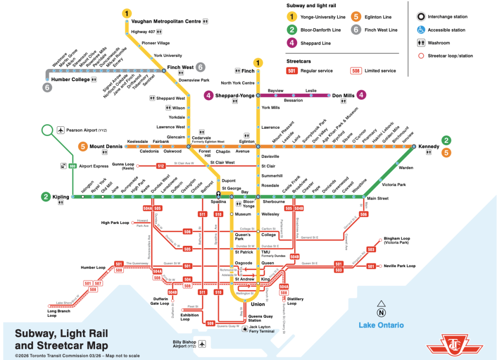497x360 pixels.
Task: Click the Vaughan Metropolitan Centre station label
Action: pyautogui.click(x=166, y=21)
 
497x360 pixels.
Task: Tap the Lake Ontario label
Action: pyautogui.click(x=381, y=325)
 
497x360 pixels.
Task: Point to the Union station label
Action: pyautogui.click(x=258, y=304)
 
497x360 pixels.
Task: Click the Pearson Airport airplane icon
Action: pyautogui.click(x=61, y=130)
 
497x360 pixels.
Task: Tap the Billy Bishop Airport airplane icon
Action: pyautogui.click(x=202, y=344)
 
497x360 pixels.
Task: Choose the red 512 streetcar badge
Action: pyautogui.click(x=161, y=166)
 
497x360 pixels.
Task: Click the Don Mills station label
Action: pyautogui.click(x=343, y=96)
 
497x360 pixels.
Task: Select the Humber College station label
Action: pyautogui.click(x=70, y=79)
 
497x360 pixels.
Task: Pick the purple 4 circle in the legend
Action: pyautogui.click(x=292, y=43)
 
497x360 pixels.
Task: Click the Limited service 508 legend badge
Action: pyautogui.click(x=356, y=70)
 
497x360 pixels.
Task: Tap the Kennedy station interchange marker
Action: pyautogui.click(x=414, y=146)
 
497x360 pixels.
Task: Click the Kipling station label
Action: pyautogui.click(x=61, y=197)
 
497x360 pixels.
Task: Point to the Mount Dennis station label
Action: pyautogui.click(x=106, y=146)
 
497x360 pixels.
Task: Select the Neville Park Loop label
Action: pyautogui.click(x=399, y=266)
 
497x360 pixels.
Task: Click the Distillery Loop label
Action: pyautogui.click(x=295, y=301)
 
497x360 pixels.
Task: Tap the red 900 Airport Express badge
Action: pyautogui.click(x=73, y=166)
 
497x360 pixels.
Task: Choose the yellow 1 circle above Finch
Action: pyautogui.click(x=258, y=62)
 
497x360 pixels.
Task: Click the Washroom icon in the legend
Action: pyautogui.click(x=421, y=43)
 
